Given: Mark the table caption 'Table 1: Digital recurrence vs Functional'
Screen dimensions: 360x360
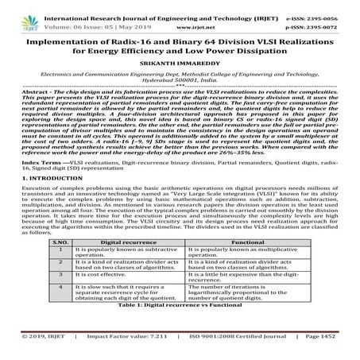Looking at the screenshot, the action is pos(180,327).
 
